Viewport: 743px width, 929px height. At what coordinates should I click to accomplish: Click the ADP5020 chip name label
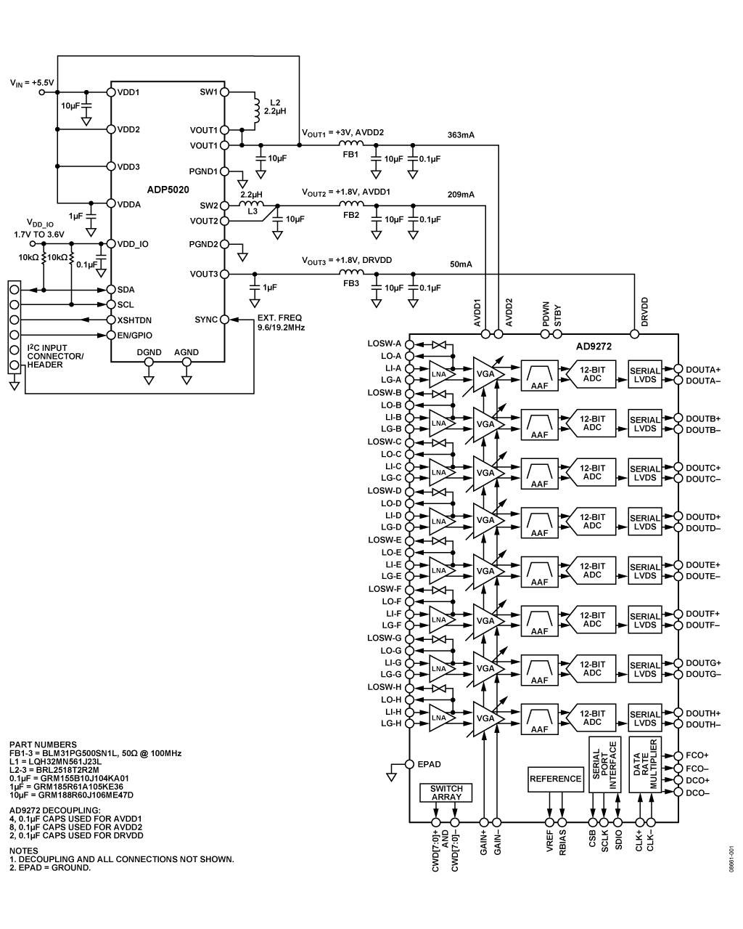click(168, 190)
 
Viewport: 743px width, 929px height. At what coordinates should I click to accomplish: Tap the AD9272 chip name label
click(594, 346)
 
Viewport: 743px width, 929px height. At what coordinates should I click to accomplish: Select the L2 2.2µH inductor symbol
click(257, 110)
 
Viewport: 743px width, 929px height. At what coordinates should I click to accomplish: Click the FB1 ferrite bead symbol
click(350, 144)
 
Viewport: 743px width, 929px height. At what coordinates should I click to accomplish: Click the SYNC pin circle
click(224, 320)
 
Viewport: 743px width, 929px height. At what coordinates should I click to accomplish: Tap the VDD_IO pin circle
click(111, 244)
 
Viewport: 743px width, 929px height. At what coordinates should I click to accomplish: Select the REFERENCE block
click(555, 779)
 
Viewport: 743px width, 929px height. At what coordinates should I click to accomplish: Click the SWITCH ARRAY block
click(446, 792)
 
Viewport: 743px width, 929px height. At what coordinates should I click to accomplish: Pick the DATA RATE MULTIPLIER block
click(645, 764)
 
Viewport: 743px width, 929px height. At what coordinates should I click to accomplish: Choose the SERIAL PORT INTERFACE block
click(604, 764)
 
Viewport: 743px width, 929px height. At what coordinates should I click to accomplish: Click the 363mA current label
click(461, 135)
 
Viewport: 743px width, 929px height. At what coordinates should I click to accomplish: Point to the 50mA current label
click(461, 264)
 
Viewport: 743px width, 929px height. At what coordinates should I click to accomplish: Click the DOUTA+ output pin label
click(703, 370)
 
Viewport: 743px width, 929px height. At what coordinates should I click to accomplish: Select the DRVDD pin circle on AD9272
click(634, 333)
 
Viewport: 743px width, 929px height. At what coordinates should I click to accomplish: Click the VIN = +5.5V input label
click(32, 83)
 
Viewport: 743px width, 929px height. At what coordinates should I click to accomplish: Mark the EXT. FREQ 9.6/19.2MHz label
click(281, 322)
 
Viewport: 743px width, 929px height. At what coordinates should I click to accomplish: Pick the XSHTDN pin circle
click(111, 320)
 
